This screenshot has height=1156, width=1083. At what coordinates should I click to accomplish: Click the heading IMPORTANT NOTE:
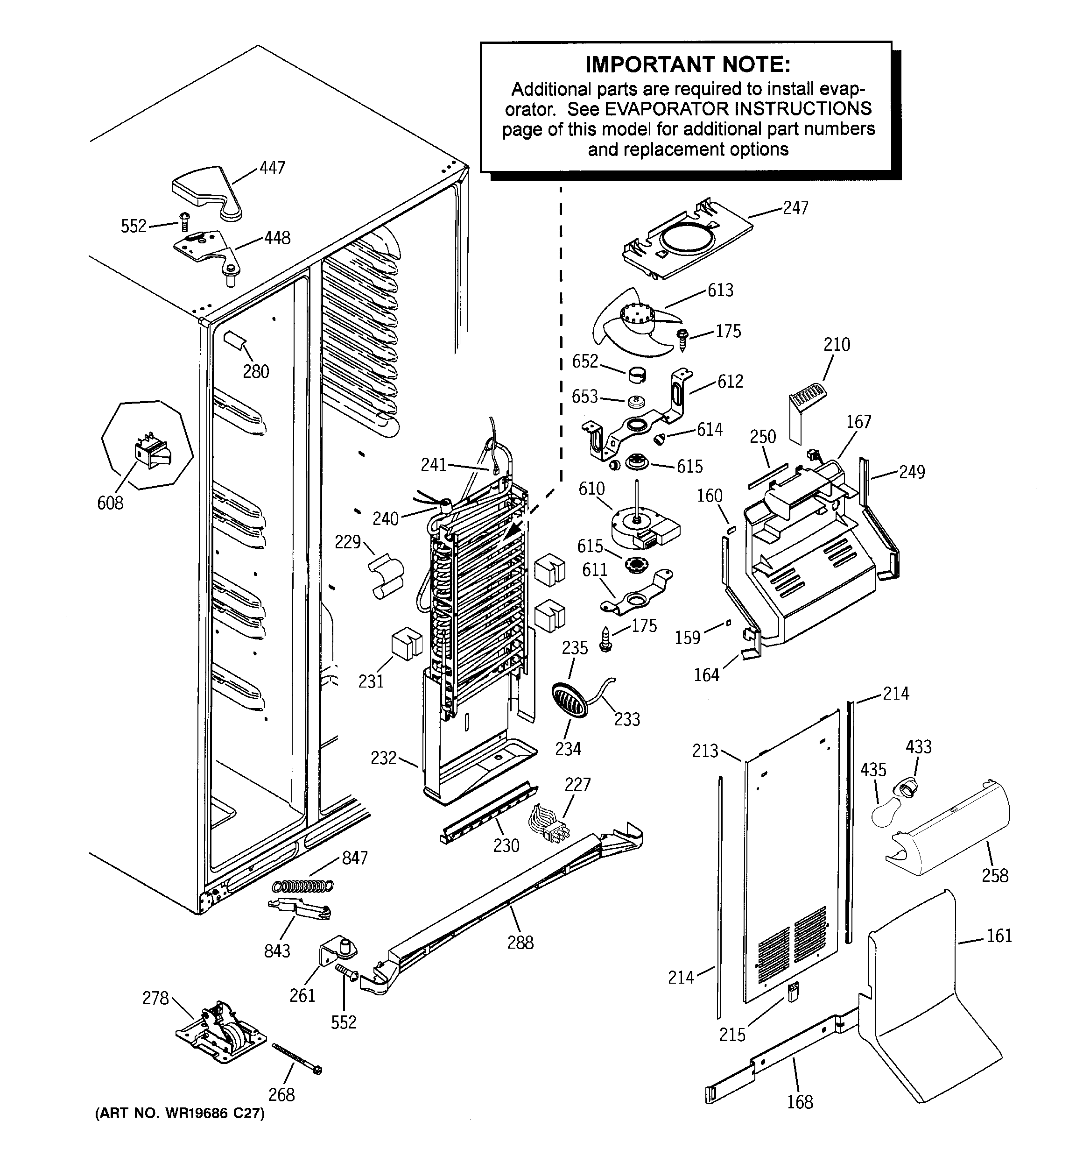[687, 64]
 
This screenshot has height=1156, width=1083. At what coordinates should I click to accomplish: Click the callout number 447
[272, 168]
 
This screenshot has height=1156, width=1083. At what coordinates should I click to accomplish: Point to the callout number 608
[110, 503]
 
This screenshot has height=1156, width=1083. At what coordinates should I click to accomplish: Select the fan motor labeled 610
[642, 525]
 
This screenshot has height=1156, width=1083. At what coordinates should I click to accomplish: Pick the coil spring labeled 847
[303, 886]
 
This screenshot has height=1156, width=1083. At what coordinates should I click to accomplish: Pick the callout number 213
[704, 751]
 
